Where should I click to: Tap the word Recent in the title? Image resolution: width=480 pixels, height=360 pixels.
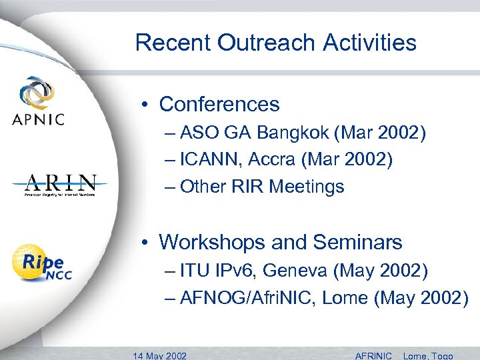click(173, 43)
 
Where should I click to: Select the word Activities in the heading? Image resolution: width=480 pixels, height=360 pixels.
click(370, 43)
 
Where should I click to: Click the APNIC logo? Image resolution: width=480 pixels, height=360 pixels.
click(38, 101)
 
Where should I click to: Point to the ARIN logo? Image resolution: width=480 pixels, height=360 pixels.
click(61, 185)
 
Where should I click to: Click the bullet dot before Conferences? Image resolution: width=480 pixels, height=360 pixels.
click(145, 105)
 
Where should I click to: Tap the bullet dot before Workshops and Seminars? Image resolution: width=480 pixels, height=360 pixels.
click(145, 242)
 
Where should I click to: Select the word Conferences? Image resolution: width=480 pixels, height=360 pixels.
click(219, 105)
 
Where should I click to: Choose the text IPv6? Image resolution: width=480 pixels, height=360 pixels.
click(235, 271)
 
